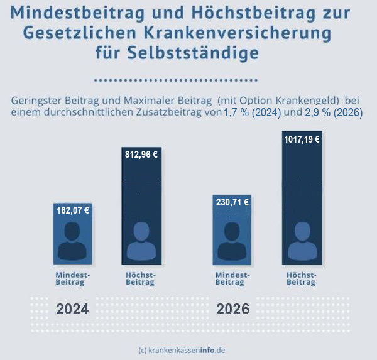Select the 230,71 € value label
pos(232,202)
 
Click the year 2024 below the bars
pos(73,309)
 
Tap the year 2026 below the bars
pos(233,309)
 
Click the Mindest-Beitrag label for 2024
pos(73,279)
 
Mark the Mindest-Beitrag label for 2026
pos(232,279)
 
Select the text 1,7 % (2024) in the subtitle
pos(252,113)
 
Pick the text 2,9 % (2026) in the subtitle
pos(334,113)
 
